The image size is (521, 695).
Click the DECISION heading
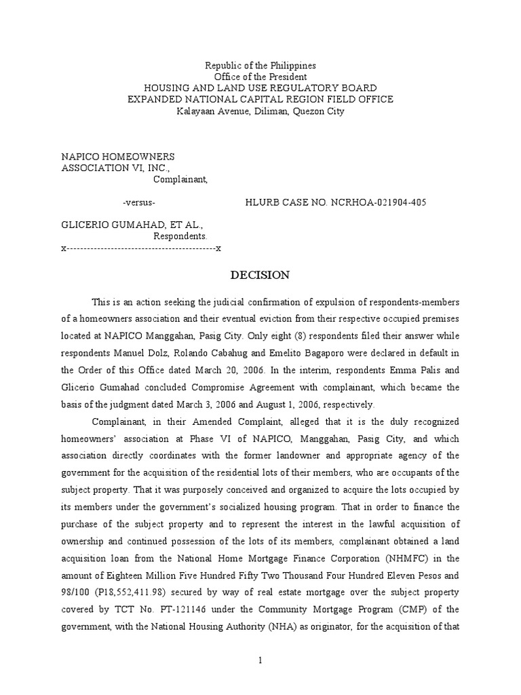click(x=260, y=276)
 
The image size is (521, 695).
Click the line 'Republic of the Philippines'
click(x=261, y=66)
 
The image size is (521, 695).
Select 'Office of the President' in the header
click(x=261, y=77)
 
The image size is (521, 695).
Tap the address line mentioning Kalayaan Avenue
click(x=261, y=111)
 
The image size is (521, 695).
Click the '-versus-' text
click(x=139, y=203)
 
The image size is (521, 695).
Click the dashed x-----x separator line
click(x=142, y=248)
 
